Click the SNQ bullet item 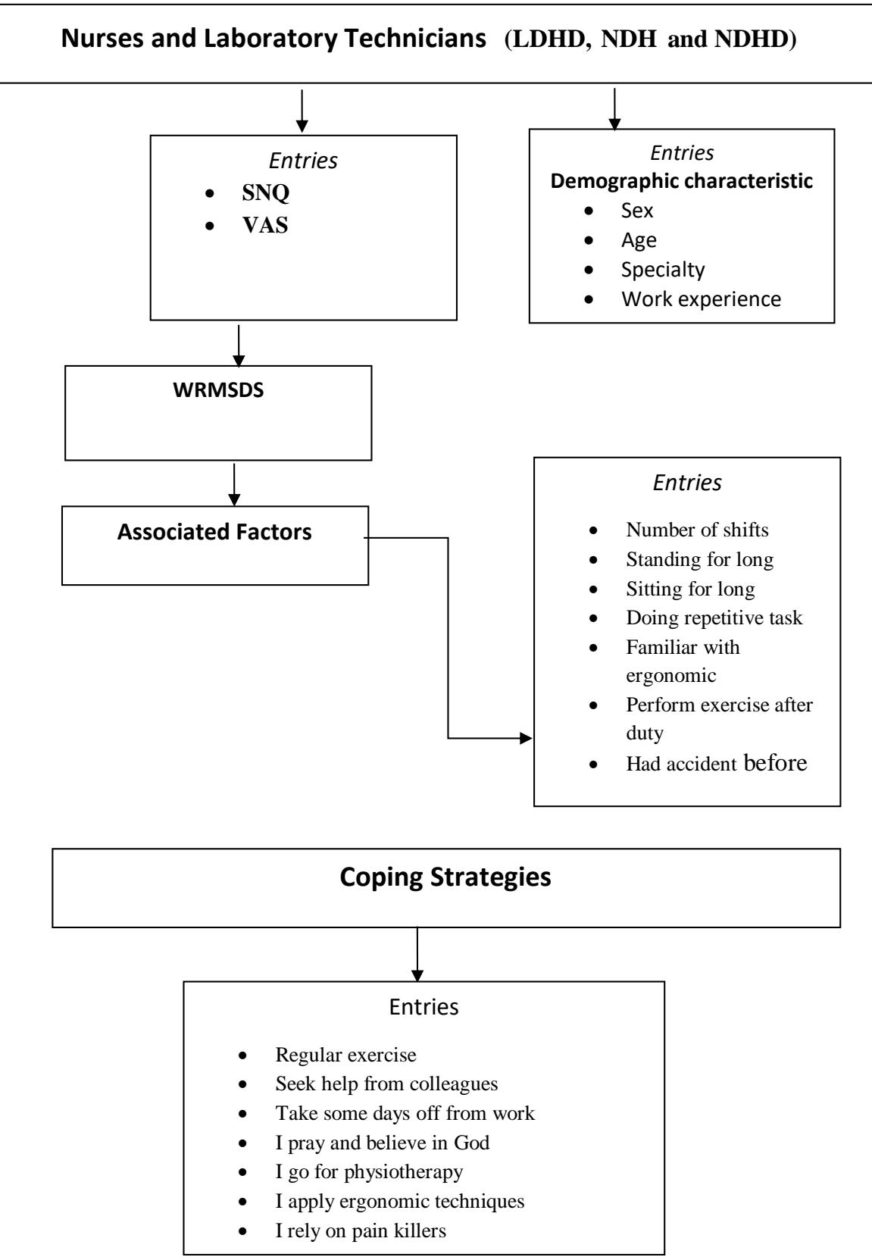(x=265, y=192)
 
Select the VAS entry (x=265, y=225)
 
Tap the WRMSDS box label (x=218, y=390)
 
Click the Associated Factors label (x=214, y=531)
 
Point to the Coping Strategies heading (x=445, y=877)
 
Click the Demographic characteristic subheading (x=681, y=180)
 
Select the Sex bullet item (x=637, y=211)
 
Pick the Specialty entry (x=663, y=270)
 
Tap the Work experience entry (x=701, y=299)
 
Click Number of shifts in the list (x=697, y=530)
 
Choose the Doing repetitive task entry (x=714, y=618)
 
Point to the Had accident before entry (x=716, y=763)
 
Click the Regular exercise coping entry (x=345, y=1055)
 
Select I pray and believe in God (x=382, y=1143)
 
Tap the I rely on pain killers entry (x=361, y=1230)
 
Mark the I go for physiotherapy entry (x=369, y=1171)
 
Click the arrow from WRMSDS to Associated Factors (x=234, y=484)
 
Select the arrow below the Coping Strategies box (x=417, y=954)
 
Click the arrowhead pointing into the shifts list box (x=526, y=738)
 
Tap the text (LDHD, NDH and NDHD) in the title (x=650, y=39)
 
